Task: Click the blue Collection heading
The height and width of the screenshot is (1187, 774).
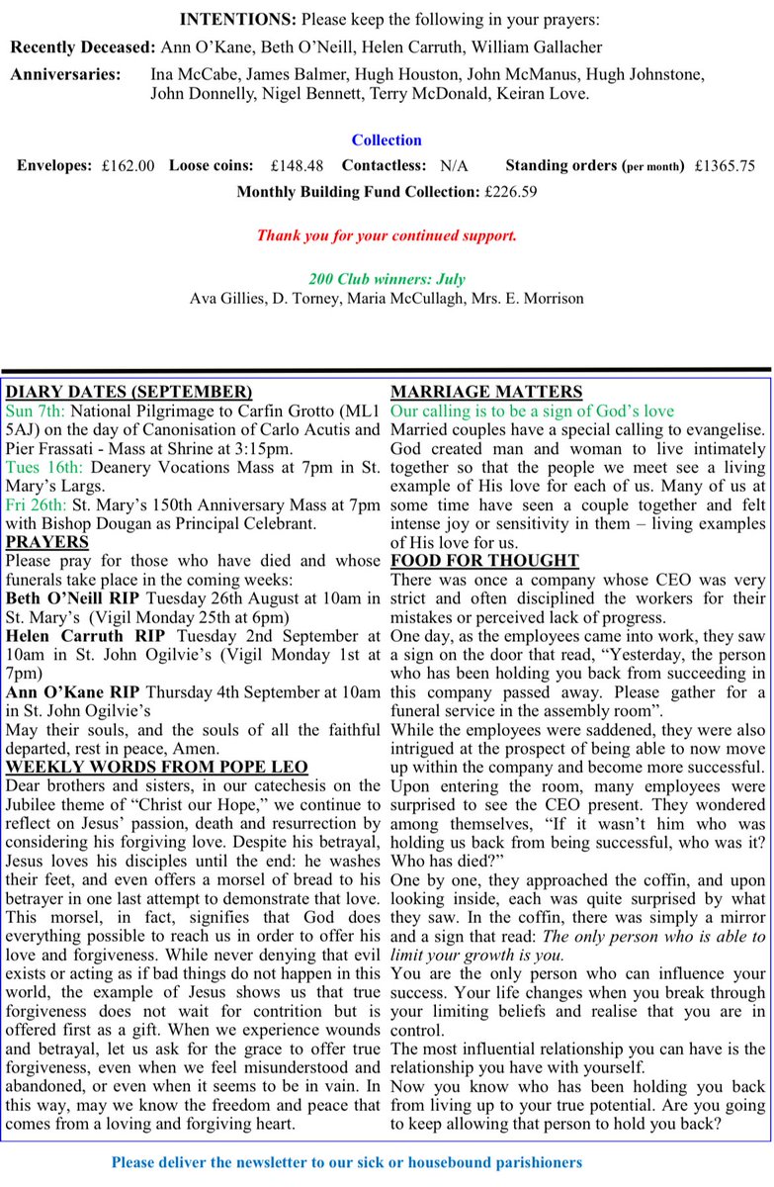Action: click(x=387, y=140)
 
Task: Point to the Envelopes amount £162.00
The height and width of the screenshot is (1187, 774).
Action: click(x=128, y=166)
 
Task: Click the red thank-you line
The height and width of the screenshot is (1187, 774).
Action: click(x=387, y=235)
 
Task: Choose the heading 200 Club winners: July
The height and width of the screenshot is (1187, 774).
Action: click(x=387, y=280)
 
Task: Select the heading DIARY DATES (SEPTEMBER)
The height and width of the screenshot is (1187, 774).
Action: click(x=129, y=392)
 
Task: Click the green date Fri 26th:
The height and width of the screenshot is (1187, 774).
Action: click(x=37, y=504)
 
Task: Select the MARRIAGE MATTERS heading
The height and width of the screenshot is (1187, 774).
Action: click(x=486, y=392)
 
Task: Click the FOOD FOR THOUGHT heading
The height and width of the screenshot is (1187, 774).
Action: click(x=484, y=561)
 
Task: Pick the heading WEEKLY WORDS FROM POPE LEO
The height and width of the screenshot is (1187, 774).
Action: click(x=156, y=768)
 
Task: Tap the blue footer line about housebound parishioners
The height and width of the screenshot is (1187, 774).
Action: click(x=347, y=1163)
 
